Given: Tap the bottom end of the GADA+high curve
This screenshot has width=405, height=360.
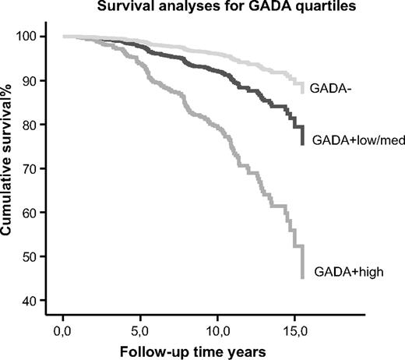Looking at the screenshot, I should click(x=301, y=277).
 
